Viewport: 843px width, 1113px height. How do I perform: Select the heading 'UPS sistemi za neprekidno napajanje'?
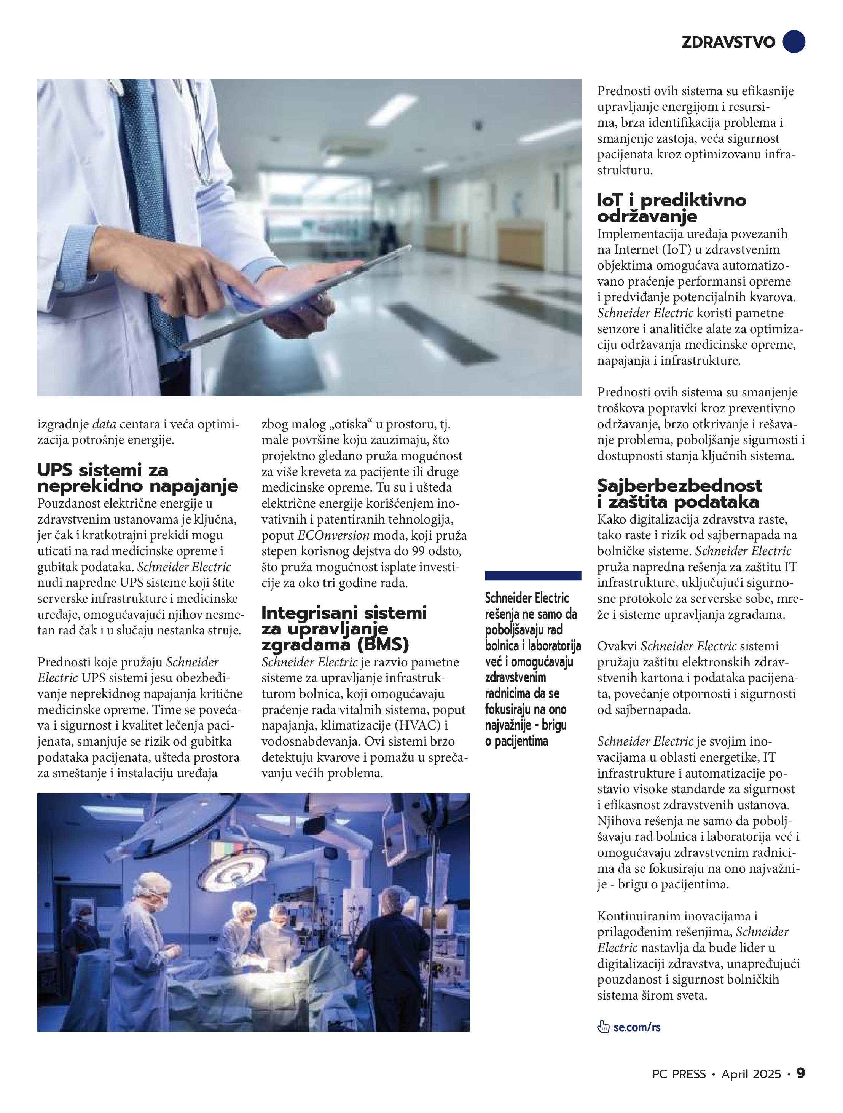point(137,478)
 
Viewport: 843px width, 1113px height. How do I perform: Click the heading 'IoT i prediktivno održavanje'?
point(671,208)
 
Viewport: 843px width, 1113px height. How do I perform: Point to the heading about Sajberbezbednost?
point(679,493)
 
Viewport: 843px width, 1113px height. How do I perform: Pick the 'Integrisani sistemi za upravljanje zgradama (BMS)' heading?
point(344,628)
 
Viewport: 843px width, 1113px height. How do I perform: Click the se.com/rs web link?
point(637,1027)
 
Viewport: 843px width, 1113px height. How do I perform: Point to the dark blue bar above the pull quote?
point(533,576)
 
